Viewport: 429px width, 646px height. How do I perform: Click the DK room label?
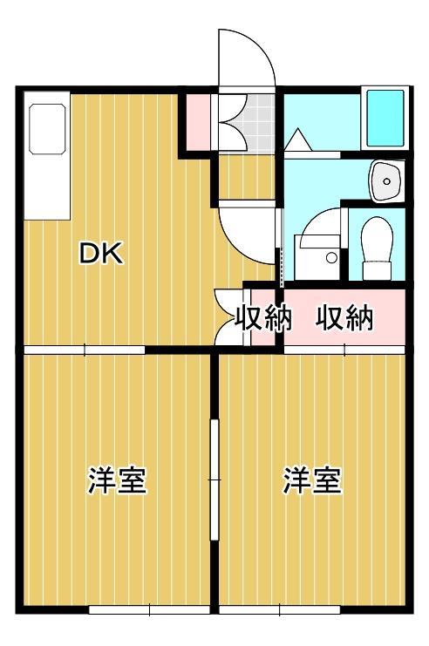[102, 254]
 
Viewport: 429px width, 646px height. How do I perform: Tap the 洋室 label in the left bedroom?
[116, 480]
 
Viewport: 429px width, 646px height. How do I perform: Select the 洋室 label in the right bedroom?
[311, 480]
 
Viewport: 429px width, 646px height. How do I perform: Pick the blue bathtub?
[385, 118]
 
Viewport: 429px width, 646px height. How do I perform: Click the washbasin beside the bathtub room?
[384, 180]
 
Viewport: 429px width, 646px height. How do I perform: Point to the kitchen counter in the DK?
[47, 160]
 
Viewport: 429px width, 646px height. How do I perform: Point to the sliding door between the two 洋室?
[214, 479]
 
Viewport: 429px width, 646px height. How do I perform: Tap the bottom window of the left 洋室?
[149, 608]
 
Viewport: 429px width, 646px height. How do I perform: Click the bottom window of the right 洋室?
[280, 608]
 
